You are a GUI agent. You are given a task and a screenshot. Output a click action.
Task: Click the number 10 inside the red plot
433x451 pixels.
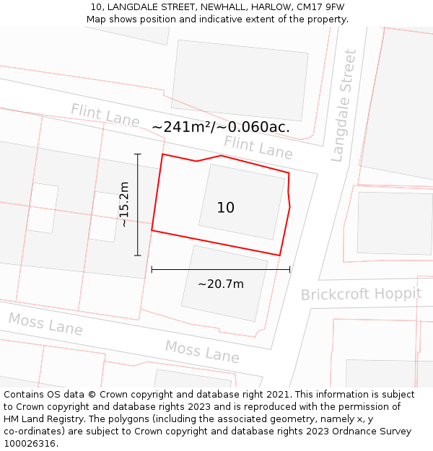226,208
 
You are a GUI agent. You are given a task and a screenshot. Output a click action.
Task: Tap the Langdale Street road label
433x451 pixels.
344,105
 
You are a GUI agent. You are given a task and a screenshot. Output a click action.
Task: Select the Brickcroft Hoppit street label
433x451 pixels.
361,294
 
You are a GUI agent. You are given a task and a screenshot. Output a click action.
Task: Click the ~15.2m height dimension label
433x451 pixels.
124,204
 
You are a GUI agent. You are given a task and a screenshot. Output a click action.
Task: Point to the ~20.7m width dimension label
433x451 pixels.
221,284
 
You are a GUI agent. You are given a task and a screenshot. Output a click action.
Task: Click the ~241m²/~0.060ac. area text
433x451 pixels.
221,127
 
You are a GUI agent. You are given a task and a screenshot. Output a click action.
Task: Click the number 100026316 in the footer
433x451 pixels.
30,444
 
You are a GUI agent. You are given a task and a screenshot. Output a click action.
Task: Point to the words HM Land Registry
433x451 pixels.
36,419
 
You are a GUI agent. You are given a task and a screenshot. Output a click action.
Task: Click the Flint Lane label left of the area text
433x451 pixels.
105,115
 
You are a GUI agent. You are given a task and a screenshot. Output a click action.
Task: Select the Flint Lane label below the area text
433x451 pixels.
258,147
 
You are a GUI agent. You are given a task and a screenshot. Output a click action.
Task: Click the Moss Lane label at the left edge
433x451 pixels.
45,324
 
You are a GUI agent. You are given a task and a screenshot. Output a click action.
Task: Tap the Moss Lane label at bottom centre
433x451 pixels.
202,351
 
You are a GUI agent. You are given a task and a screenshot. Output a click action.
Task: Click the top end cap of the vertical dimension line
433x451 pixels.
137,154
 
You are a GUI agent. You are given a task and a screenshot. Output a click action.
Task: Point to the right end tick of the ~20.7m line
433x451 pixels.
289,269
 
